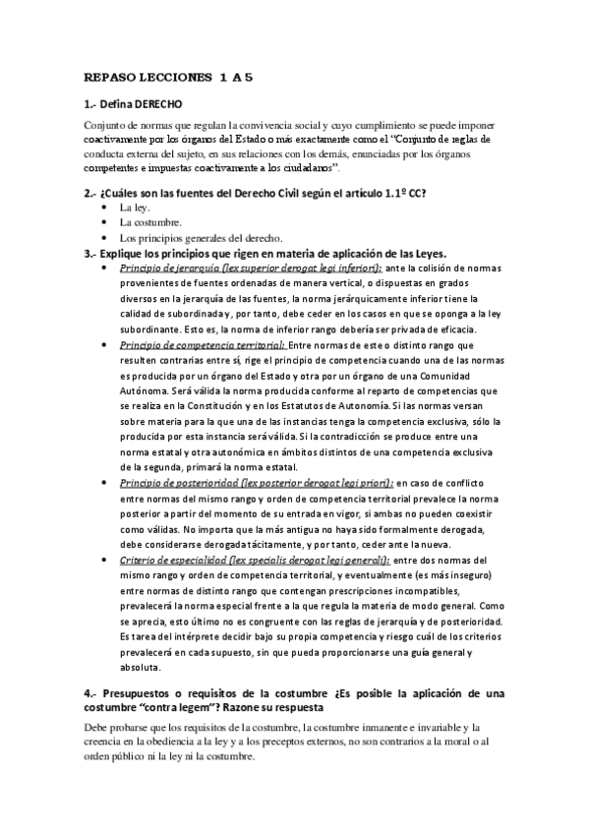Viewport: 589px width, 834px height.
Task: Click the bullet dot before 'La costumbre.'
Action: [x=105, y=223]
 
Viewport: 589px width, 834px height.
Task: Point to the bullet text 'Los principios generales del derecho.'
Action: [x=201, y=238]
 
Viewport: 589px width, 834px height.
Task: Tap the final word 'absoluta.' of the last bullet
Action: [x=139, y=668]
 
